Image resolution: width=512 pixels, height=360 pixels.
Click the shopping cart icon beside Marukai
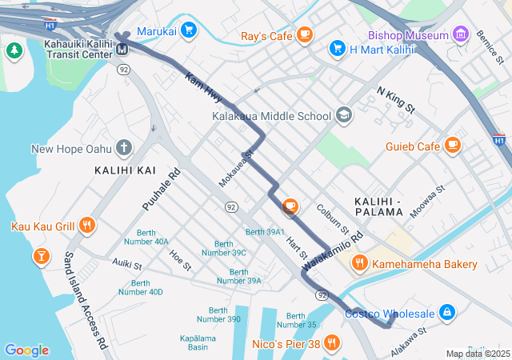[x=188, y=31]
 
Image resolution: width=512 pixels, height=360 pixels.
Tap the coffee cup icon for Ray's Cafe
[x=304, y=34]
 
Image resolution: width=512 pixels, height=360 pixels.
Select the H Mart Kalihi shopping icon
[x=337, y=49]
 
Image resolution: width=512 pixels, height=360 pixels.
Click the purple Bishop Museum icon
[x=460, y=34]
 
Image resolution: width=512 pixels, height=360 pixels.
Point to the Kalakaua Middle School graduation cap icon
[x=343, y=115]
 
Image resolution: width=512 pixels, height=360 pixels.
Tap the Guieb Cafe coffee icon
[x=453, y=146]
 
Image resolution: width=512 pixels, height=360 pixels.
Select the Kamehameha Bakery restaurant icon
[x=360, y=263]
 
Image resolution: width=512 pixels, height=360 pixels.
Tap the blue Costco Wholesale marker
[x=446, y=313]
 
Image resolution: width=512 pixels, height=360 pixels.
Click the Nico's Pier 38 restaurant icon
[x=331, y=344]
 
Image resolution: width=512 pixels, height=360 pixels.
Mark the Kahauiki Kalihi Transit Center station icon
[x=123, y=50]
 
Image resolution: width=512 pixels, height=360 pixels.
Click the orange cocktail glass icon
[x=40, y=256]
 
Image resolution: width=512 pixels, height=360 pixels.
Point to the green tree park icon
[x=14, y=50]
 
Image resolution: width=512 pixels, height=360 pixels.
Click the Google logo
[x=26, y=350]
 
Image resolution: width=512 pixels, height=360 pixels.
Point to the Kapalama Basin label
[x=198, y=342]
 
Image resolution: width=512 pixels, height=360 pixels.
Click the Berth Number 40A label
[x=147, y=237]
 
